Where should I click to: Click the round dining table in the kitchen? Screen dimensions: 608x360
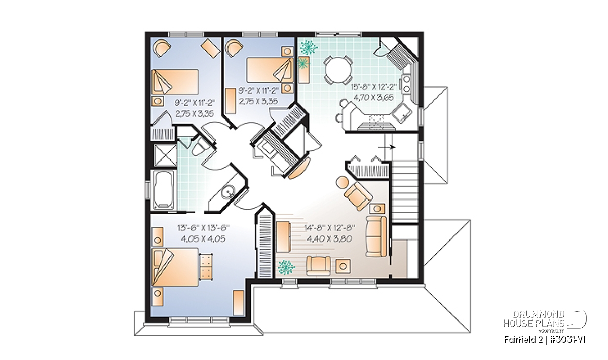(x=338, y=69)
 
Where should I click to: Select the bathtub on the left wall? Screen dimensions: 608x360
(x=164, y=190)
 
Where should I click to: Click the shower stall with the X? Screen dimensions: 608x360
(x=165, y=155)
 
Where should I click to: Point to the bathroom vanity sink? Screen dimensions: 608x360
(x=227, y=192)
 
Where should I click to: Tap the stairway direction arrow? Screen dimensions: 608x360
(x=387, y=147)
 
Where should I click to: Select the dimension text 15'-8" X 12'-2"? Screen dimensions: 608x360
(x=373, y=87)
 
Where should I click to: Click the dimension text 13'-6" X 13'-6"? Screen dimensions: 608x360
(x=204, y=228)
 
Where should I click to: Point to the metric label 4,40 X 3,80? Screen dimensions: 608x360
(x=329, y=238)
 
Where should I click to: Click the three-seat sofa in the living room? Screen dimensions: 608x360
(x=376, y=236)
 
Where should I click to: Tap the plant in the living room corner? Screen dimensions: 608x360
(x=286, y=267)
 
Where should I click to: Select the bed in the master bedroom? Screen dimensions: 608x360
(x=175, y=267)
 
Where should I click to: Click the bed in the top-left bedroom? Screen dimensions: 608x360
(x=175, y=82)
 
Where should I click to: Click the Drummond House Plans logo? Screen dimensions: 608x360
(x=545, y=322)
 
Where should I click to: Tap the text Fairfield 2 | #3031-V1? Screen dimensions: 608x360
(x=545, y=340)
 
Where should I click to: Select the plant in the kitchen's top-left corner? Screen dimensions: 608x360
(x=309, y=47)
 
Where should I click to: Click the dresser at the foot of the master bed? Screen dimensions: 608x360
(x=206, y=267)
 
